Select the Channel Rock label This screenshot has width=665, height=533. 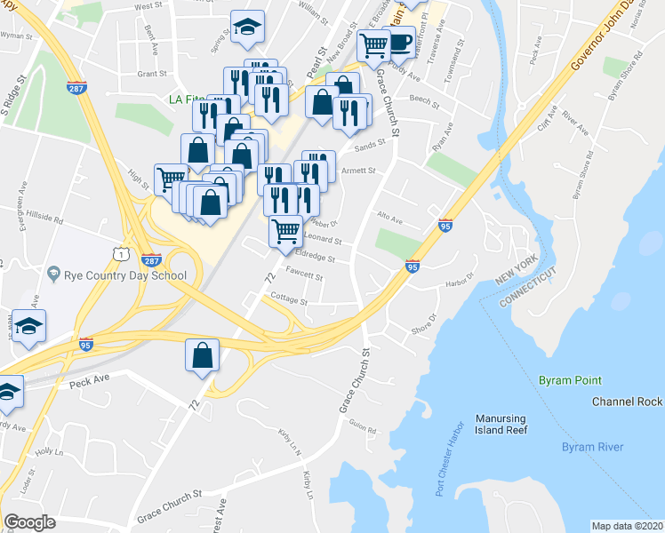pos(627,402)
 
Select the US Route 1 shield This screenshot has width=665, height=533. pos(118,255)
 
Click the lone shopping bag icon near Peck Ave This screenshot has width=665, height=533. pos(202,355)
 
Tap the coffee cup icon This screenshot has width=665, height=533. pos(400,42)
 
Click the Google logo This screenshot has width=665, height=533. pos(29,521)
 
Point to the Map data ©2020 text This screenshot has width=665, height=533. pos(627,526)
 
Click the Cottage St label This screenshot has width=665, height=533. pos(289,301)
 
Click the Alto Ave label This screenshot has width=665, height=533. pos(389,219)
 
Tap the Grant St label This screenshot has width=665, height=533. pos(152,75)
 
